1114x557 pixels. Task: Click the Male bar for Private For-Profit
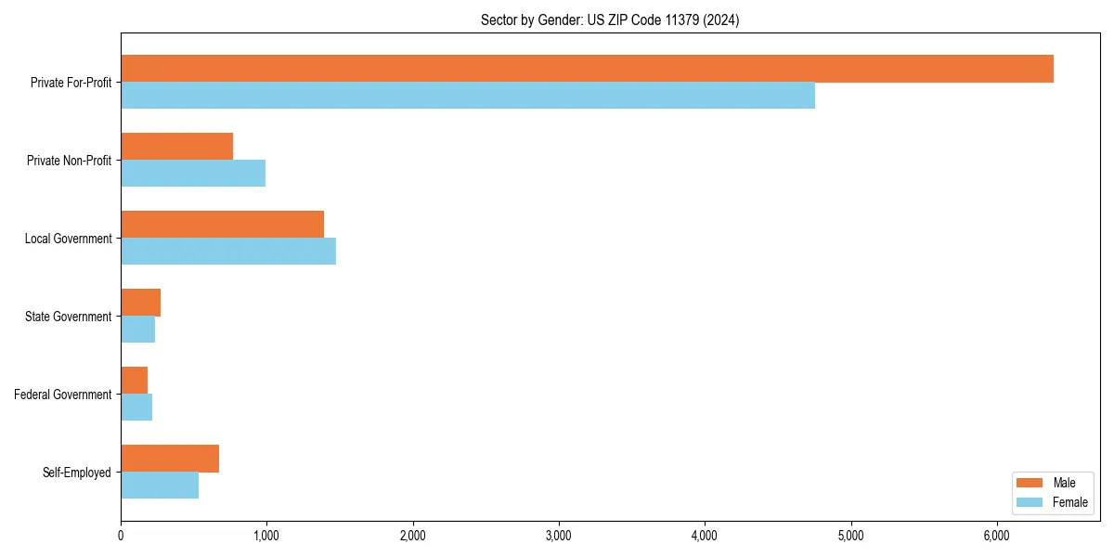(587, 69)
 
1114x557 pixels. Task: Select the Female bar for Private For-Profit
(468, 96)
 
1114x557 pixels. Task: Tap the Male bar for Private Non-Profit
(176, 147)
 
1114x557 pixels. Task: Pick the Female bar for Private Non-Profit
(193, 174)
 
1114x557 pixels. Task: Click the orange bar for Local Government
(222, 225)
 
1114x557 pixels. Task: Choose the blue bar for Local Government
(228, 252)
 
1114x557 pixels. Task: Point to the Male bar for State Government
(140, 303)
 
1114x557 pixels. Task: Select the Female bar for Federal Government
(136, 408)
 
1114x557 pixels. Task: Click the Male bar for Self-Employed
(170, 459)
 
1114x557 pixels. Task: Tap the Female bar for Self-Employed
(160, 486)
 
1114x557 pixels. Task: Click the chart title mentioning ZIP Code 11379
(610, 20)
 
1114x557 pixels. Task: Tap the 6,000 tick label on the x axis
(996, 536)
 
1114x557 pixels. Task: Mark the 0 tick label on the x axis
(121, 536)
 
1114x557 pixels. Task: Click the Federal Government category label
(63, 395)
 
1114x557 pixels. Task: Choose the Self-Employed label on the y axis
(77, 473)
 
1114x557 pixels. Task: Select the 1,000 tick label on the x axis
(266, 536)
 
